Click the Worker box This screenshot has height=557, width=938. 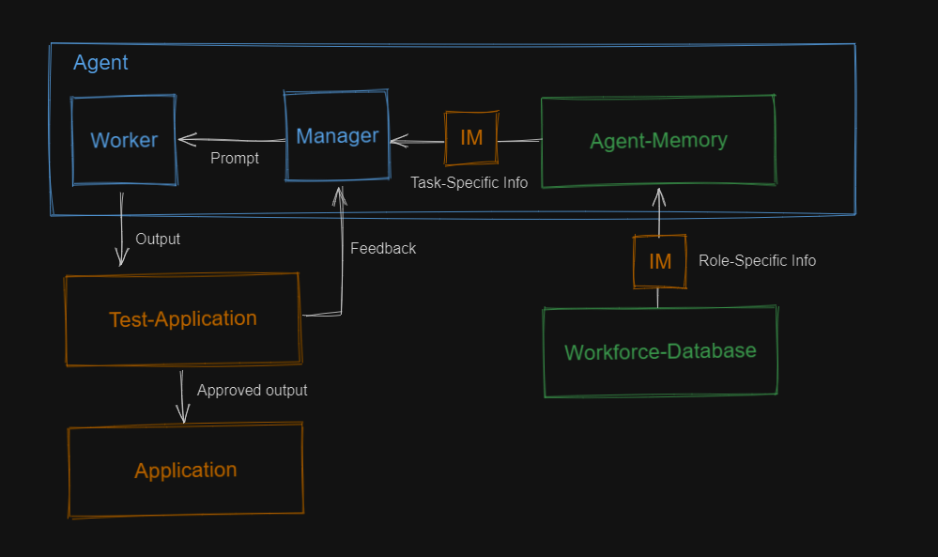tap(124, 140)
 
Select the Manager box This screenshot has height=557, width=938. tap(337, 135)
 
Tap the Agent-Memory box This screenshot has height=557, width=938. tap(658, 141)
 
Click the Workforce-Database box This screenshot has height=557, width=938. tap(660, 351)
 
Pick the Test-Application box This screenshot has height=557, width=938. tap(182, 318)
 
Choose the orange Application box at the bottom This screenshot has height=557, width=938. tap(185, 470)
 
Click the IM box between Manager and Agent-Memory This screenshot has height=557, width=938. tap(471, 138)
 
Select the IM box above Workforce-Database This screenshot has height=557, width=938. tap(660, 261)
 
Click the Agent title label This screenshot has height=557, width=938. tap(100, 63)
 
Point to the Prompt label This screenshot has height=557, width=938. tap(235, 158)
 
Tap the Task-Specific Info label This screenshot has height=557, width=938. tap(469, 182)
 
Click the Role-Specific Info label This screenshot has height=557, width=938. tap(757, 260)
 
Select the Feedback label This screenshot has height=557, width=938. tap(383, 248)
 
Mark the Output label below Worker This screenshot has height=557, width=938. tap(158, 239)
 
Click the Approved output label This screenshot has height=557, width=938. tap(252, 390)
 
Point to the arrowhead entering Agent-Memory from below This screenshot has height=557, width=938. tap(658, 195)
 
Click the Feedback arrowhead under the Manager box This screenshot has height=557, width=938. tap(339, 194)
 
